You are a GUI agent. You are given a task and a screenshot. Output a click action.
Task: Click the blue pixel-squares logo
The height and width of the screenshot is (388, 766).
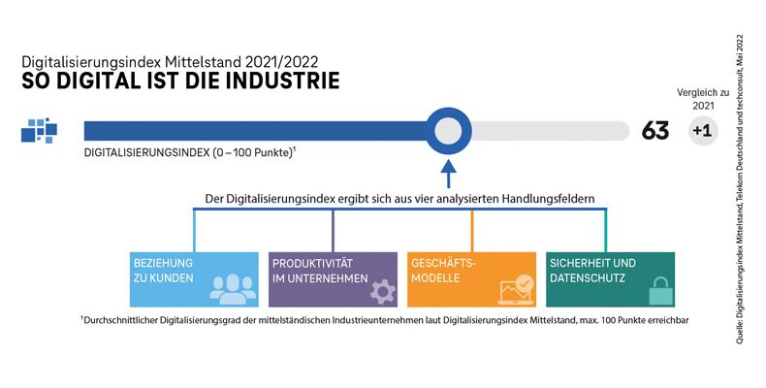(x=40, y=130)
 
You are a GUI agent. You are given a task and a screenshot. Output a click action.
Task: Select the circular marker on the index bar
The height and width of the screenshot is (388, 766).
(x=447, y=130)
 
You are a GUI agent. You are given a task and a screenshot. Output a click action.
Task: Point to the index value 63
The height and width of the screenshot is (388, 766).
(x=655, y=131)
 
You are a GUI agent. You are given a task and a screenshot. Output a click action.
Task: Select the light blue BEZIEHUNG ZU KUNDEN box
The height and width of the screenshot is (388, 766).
(x=194, y=279)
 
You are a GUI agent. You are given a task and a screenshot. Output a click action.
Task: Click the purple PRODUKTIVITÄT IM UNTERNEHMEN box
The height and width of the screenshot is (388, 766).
(x=333, y=279)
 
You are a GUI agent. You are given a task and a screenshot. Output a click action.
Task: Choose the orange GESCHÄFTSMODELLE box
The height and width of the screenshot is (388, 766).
(x=471, y=279)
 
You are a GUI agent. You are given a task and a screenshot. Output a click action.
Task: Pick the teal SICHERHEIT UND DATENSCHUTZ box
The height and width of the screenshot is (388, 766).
(x=610, y=279)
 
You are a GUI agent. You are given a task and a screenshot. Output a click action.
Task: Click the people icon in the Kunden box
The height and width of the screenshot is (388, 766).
(x=230, y=289)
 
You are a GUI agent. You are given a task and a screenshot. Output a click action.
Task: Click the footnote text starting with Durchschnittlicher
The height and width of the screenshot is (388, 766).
(x=385, y=319)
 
